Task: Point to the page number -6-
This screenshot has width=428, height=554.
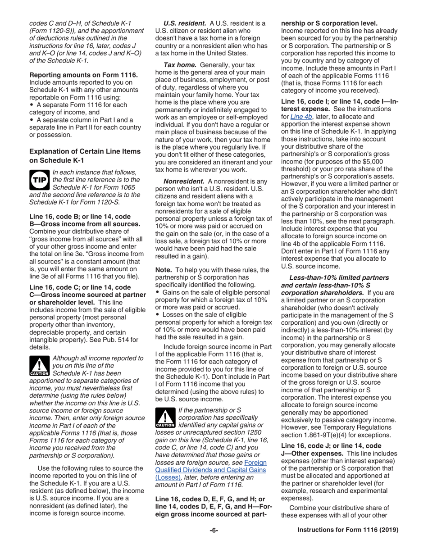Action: [x=214, y=531]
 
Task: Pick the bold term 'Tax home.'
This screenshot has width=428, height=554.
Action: [x=179, y=65]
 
